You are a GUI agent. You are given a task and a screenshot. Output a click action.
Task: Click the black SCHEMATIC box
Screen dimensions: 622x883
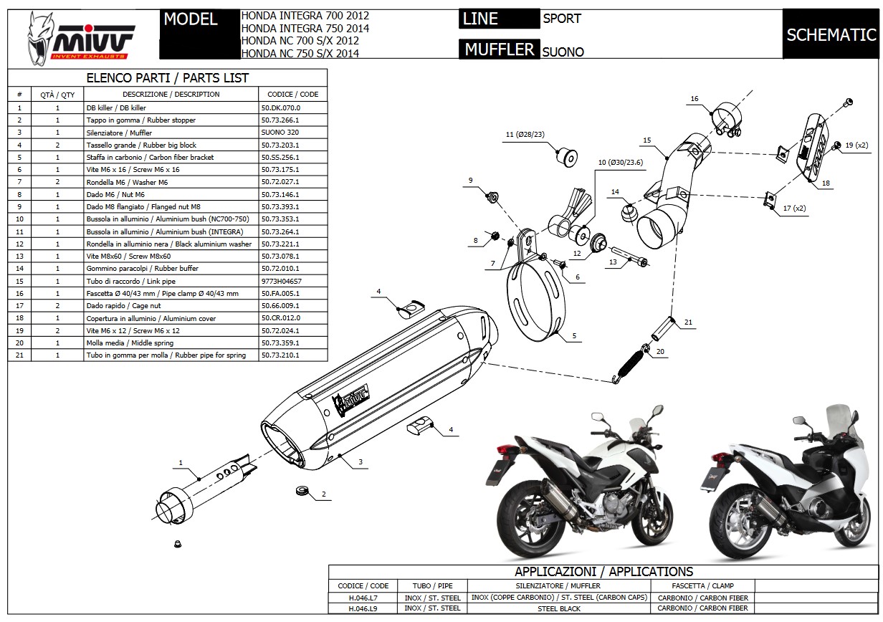[x=831, y=34]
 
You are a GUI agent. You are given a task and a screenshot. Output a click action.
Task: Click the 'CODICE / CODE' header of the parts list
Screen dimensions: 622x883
[x=292, y=94]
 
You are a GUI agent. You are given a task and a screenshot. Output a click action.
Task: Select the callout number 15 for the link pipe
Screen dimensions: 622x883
[x=646, y=140]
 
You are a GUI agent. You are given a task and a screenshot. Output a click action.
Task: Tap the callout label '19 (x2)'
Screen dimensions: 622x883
[x=856, y=145]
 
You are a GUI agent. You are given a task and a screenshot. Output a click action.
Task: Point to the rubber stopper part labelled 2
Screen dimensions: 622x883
[x=301, y=491]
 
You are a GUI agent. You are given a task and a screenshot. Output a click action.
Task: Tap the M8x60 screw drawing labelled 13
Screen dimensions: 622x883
[x=629, y=257]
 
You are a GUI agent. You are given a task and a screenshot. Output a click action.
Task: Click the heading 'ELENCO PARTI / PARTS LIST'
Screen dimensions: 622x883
[x=167, y=78]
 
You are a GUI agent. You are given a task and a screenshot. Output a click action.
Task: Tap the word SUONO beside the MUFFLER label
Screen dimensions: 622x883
[x=563, y=52]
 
